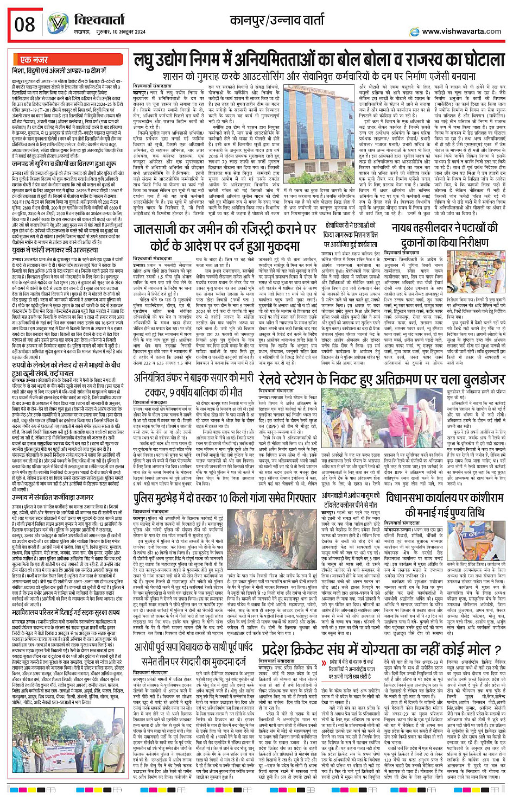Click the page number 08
pos(24,24)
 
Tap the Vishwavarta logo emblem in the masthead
pos(57,24)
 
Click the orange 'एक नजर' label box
pos(34,60)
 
